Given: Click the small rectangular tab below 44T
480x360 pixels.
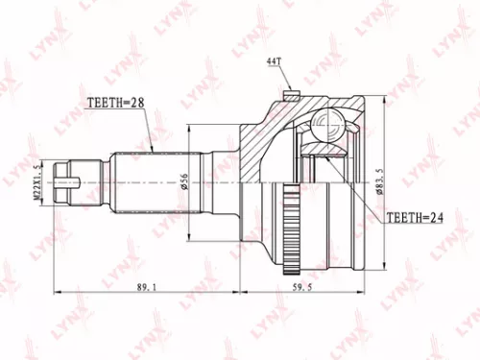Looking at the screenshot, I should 288,94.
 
